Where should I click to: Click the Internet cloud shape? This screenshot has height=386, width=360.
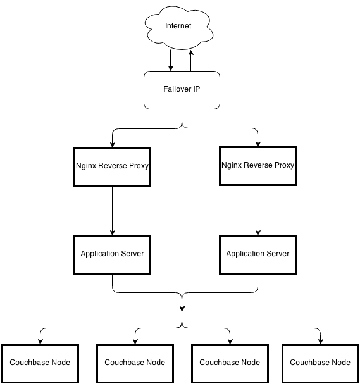[178, 27]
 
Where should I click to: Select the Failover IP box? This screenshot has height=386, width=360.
[182, 90]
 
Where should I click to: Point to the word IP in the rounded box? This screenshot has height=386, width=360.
[196, 90]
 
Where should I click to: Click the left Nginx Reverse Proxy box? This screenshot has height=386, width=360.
[112, 166]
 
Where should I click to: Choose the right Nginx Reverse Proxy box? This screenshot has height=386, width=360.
[258, 166]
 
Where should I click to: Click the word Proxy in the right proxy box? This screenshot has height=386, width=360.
[284, 165]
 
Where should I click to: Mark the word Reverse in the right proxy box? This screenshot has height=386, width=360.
[258, 165]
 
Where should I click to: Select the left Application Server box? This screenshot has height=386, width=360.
[112, 254]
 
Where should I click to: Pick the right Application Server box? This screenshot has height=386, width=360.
[258, 254]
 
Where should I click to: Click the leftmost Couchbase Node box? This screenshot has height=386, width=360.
[40, 363]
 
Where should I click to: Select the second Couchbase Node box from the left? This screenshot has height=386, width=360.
[135, 363]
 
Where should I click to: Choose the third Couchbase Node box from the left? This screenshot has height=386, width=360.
[230, 363]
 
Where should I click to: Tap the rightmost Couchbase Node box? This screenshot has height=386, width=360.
[320, 363]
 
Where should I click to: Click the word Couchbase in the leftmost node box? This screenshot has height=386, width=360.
[29, 363]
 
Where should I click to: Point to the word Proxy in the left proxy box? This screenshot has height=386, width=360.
[139, 166]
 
